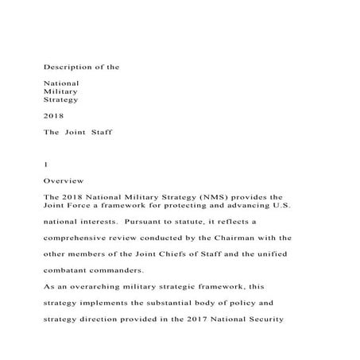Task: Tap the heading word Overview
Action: [60, 181]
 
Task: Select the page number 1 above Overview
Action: [46, 164]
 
